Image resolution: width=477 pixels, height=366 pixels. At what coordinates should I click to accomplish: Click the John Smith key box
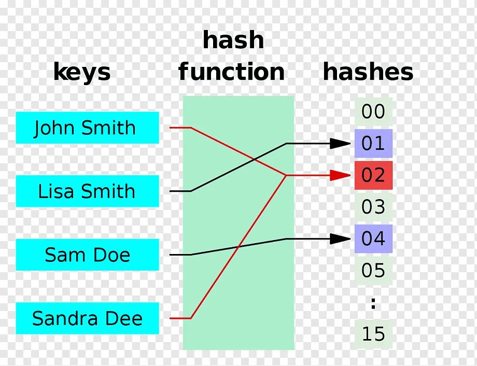(87, 128)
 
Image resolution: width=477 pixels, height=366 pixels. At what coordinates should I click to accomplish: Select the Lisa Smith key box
(87, 191)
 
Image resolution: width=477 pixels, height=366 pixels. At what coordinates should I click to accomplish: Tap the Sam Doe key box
(87, 255)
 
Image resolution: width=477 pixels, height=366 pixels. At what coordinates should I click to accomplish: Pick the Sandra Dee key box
(87, 318)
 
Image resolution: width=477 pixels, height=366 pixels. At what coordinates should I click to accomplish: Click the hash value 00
(373, 111)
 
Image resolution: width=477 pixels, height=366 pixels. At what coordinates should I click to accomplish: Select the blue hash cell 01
(373, 144)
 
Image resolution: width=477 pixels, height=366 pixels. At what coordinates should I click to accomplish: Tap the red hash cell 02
(373, 175)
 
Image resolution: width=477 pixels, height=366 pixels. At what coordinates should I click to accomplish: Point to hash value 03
(373, 207)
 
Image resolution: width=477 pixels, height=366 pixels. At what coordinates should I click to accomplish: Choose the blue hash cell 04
(373, 239)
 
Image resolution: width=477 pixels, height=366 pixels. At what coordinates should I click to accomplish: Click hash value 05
(373, 271)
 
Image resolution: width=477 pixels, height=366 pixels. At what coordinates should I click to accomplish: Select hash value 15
(373, 334)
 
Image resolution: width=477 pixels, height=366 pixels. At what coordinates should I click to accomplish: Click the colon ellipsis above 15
(373, 303)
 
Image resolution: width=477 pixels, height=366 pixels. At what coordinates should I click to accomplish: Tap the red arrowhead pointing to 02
(341, 175)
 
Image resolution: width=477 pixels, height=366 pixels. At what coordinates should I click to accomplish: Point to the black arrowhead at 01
(341, 144)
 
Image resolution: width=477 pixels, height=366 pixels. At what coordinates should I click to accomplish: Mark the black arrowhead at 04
(341, 239)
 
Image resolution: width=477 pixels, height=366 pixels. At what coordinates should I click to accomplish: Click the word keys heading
(82, 72)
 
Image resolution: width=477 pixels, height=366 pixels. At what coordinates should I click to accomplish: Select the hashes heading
(368, 72)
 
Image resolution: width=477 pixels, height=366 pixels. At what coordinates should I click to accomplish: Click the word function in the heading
(232, 72)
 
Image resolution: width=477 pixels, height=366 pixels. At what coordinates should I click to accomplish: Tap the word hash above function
(233, 40)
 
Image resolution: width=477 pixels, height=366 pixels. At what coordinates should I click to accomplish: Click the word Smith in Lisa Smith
(109, 191)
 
